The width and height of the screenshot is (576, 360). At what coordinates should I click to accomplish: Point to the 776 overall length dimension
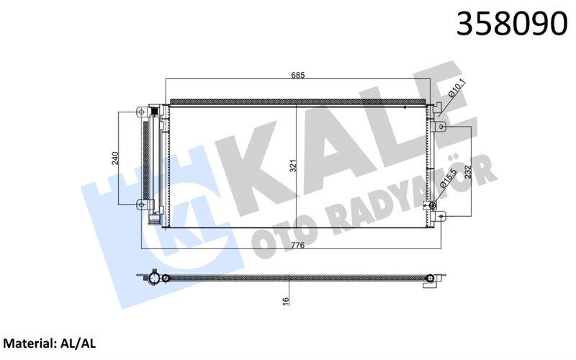[x=297, y=245]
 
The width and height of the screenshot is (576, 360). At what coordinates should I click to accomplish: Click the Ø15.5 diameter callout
[x=446, y=179]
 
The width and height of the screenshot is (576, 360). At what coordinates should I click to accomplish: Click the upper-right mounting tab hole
[x=443, y=127]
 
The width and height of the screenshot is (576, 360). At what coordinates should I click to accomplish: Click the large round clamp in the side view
[x=166, y=278]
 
